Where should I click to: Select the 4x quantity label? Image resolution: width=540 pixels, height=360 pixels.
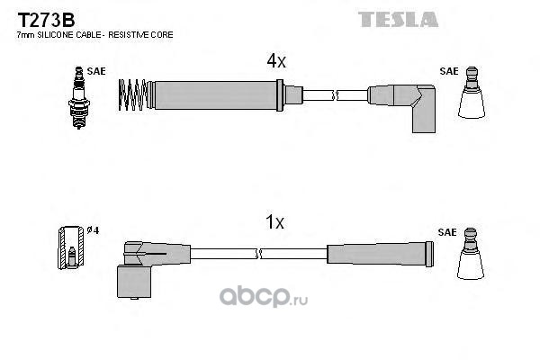click(276, 62)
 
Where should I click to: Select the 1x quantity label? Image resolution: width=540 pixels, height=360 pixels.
click(276, 221)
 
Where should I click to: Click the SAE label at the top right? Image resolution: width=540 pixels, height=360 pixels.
click(447, 68)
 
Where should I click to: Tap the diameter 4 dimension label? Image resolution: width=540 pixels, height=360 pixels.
click(91, 229)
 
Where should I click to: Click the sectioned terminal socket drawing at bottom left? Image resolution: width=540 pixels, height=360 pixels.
click(68, 247)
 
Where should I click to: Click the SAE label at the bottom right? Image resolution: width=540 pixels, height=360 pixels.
click(447, 230)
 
